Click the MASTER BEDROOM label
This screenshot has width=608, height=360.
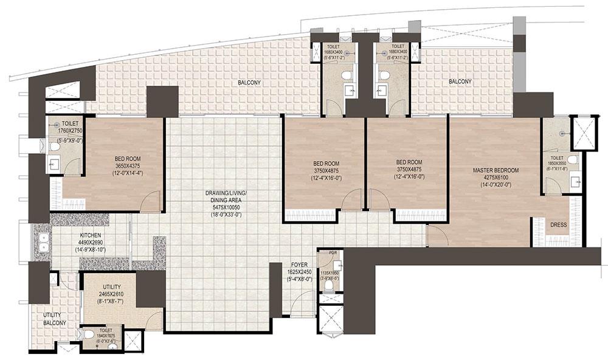[x=496, y=170]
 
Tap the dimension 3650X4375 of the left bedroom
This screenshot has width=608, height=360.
[x=127, y=165]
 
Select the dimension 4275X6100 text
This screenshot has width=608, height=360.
[x=496, y=177]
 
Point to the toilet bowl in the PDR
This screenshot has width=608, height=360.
[x=329, y=285]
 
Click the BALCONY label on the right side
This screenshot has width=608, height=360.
[x=460, y=81]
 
